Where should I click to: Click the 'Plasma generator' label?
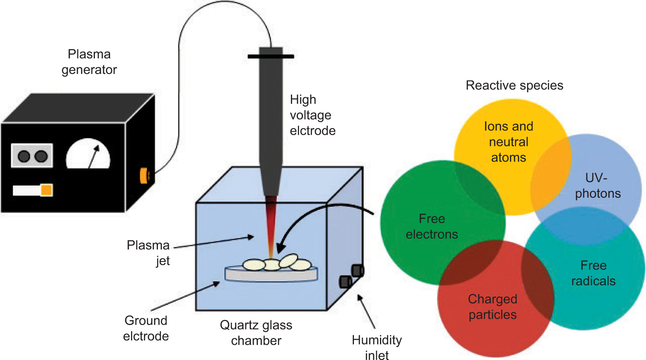pos(89,62)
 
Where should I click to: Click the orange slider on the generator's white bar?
pos(47,190)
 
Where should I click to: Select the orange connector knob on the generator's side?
pos(144,176)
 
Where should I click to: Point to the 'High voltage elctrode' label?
pos(312,115)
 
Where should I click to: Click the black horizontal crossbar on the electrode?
pos(271,56)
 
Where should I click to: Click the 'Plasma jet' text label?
pos(148,253)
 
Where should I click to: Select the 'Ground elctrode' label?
pos(146,328)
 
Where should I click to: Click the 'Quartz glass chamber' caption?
pos(256,333)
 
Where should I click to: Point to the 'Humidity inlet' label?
pos(376,348)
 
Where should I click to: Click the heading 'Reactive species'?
pos(514,85)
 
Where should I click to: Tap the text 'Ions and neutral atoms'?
pos(508,142)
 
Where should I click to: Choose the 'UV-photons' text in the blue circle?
pos(598,186)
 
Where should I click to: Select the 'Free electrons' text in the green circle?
pos(432,227)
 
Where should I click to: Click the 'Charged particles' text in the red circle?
pos(492,307)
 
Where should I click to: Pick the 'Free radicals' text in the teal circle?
pos(593,273)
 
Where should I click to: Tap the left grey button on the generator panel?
pos(24,156)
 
